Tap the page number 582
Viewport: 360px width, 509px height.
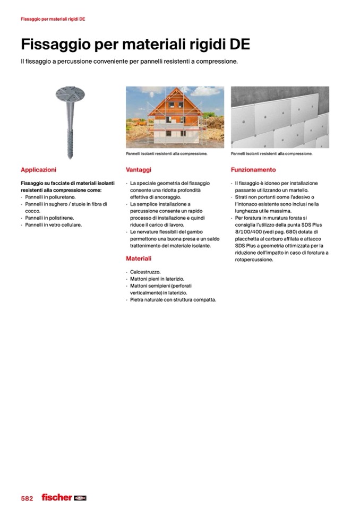pos(27,498)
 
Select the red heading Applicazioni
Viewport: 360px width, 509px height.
pos(38,170)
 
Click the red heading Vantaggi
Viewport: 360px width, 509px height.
pos(139,170)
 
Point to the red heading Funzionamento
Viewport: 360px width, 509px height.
pos(253,170)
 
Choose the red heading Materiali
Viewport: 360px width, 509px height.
pos(139,258)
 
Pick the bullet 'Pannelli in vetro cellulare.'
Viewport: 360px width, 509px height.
pos(55,225)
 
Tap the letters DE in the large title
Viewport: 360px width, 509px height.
pos(238,44)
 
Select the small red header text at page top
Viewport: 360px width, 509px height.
pos(53,19)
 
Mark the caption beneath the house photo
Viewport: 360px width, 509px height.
pos(166,154)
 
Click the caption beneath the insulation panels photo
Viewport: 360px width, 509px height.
pos(271,154)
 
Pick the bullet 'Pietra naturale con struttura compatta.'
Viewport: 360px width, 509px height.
pos(174,299)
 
